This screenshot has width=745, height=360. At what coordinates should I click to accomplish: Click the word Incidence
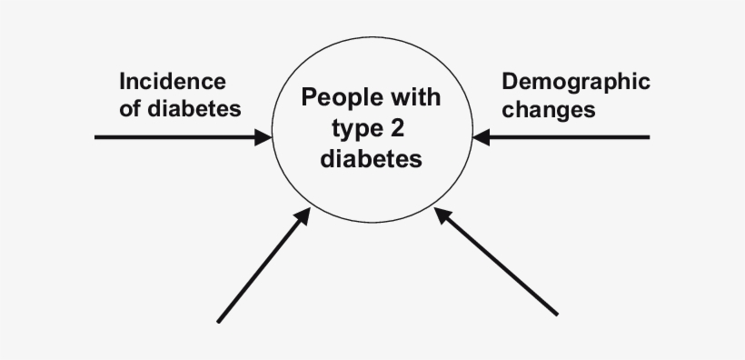pos(173,82)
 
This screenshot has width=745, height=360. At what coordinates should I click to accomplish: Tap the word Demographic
pos(576,82)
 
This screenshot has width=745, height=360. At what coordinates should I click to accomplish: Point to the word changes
pos(549,110)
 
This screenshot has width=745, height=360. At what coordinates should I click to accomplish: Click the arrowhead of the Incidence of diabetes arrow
pos(264,137)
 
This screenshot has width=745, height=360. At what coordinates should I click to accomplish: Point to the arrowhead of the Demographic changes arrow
pos(481,137)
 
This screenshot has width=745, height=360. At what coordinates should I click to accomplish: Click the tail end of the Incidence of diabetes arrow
pos(97,137)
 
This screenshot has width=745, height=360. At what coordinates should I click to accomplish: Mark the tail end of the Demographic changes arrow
pos(648,137)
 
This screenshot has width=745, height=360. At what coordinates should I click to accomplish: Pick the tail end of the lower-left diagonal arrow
pos(218,320)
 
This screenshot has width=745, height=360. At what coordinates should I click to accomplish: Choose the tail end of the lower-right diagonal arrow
pos(555,315)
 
